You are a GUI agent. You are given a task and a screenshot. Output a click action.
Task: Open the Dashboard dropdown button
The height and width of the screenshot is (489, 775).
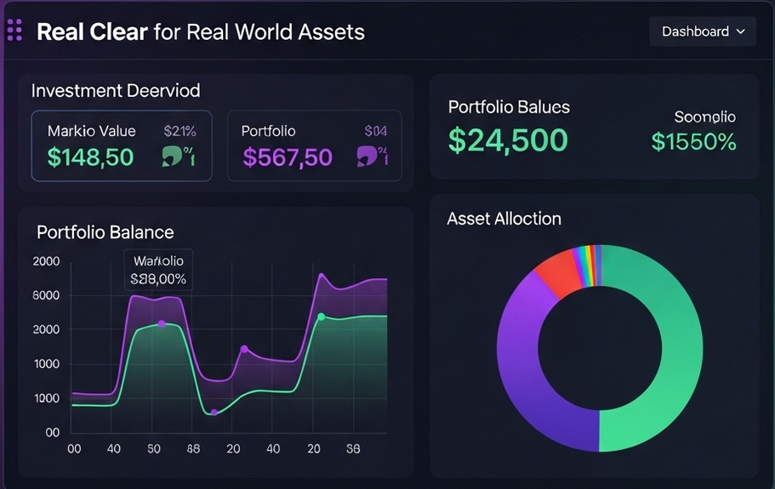click(x=703, y=31)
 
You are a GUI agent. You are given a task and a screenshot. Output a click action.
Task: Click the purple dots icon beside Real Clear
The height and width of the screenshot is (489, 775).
click(x=14, y=31)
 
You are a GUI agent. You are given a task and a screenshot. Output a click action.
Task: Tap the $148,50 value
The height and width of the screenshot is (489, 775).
click(x=90, y=156)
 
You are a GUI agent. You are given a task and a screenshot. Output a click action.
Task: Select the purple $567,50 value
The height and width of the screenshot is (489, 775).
click(x=288, y=156)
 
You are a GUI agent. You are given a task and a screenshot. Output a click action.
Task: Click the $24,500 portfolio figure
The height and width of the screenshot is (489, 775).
click(x=509, y=139)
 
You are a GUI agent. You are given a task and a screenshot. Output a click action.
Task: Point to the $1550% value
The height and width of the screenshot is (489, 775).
click(x=693, y=141)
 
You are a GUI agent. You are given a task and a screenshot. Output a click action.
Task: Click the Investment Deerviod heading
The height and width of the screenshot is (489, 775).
click(x=116, y=91)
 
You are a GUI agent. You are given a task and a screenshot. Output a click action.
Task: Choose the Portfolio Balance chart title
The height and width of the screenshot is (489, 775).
click(x=105, y=232)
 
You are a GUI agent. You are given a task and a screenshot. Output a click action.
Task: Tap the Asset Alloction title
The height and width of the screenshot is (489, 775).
click(x=504, y=219)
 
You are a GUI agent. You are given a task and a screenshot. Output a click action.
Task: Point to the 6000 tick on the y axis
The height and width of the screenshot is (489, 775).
click(x=46, y=296)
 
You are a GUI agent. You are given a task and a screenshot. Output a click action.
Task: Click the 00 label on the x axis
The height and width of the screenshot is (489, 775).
click(x=74, y=448)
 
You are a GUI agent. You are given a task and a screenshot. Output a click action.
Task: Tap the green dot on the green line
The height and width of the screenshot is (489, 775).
click(x=321, y=317)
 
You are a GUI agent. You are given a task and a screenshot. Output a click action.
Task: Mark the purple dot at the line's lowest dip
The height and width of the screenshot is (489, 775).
click(x=214, y=412)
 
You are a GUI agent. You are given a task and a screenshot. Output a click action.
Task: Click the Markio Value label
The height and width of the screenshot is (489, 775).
click(x=91, y=131)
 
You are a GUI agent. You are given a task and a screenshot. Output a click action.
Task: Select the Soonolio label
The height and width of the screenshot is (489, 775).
click(x=704, y=117)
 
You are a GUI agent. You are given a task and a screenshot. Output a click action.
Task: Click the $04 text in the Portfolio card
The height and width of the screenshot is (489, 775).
click(x=375, y=131)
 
